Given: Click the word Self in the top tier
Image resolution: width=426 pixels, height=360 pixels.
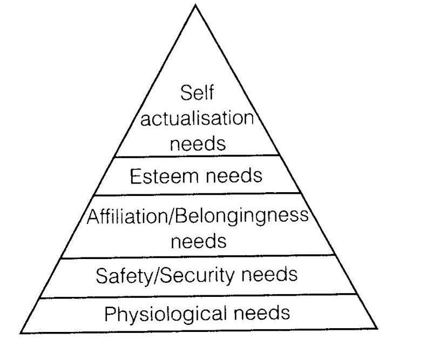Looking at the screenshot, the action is [197, 93].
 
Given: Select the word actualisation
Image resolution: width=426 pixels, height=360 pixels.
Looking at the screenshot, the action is [197, 118].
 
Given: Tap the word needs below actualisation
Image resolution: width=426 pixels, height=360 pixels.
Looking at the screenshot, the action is [198, 143].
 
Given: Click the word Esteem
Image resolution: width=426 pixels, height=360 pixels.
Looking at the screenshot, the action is [165, 176].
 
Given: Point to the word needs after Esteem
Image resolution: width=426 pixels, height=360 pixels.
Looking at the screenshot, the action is [234, 175].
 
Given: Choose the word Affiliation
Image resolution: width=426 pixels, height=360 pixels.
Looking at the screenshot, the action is [127, 217].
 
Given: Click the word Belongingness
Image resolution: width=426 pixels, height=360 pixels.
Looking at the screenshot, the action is [241, 217].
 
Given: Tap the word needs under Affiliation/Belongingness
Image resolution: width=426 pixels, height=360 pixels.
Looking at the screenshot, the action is [199, 241].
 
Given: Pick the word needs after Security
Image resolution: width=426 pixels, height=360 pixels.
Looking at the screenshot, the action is [269, 275].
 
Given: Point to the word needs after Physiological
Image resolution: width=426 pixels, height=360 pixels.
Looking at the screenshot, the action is [262, 313].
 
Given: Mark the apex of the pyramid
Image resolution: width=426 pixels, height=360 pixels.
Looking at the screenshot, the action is [195, 5].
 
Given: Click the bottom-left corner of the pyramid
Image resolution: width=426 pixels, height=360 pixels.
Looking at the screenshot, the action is [21, 333].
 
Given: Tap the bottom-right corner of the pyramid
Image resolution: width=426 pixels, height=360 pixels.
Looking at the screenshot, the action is [377, 329].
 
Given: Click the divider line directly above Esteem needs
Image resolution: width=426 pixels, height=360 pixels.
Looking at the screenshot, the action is [197, 156].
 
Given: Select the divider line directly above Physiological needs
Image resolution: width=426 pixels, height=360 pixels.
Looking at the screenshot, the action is [198, 296].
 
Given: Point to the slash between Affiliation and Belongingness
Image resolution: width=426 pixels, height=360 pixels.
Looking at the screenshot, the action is [172, 217].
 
